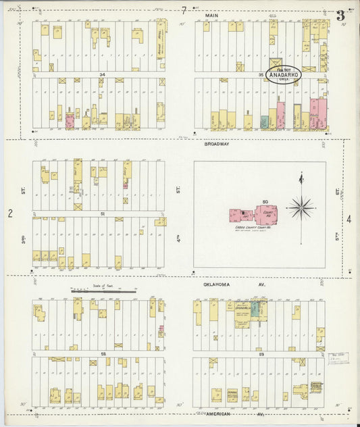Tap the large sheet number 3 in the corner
(x=341, y=15)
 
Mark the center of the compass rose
(x=300, y=207)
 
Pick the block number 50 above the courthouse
(x=265, y=202)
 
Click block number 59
(x=261, y=353)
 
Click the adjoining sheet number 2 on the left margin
(x=10, y=214)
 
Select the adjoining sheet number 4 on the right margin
(x=349, y=220)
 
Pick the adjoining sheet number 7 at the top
(x=183, y=10)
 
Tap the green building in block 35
(x=264, y=122)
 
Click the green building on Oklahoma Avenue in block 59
(x=255, y=309)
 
